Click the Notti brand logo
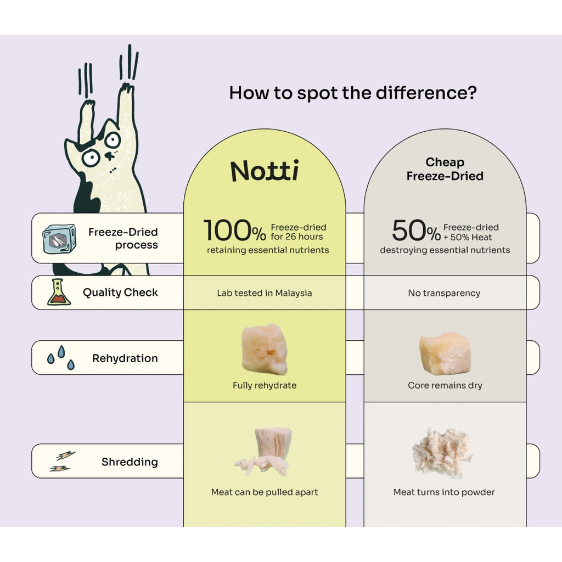coord(265,171)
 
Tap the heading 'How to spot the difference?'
coord(353,93)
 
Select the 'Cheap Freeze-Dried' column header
coord(445,169)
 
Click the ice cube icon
coord(59,238)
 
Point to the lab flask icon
coord(58,292)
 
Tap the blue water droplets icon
coord(61,357)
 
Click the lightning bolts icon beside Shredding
coord(63,461)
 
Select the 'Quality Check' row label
coord(120,293)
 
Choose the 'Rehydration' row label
coord(125,358)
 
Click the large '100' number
coord(227,231)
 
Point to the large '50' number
coord(408,231)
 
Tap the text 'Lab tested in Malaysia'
coord(265,293)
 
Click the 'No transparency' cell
coord(444,293)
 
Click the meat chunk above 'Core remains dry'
coord(445,353)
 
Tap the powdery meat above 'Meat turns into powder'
coord(443,452)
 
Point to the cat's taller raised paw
coord(126,89)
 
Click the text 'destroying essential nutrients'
coord(445,250)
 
